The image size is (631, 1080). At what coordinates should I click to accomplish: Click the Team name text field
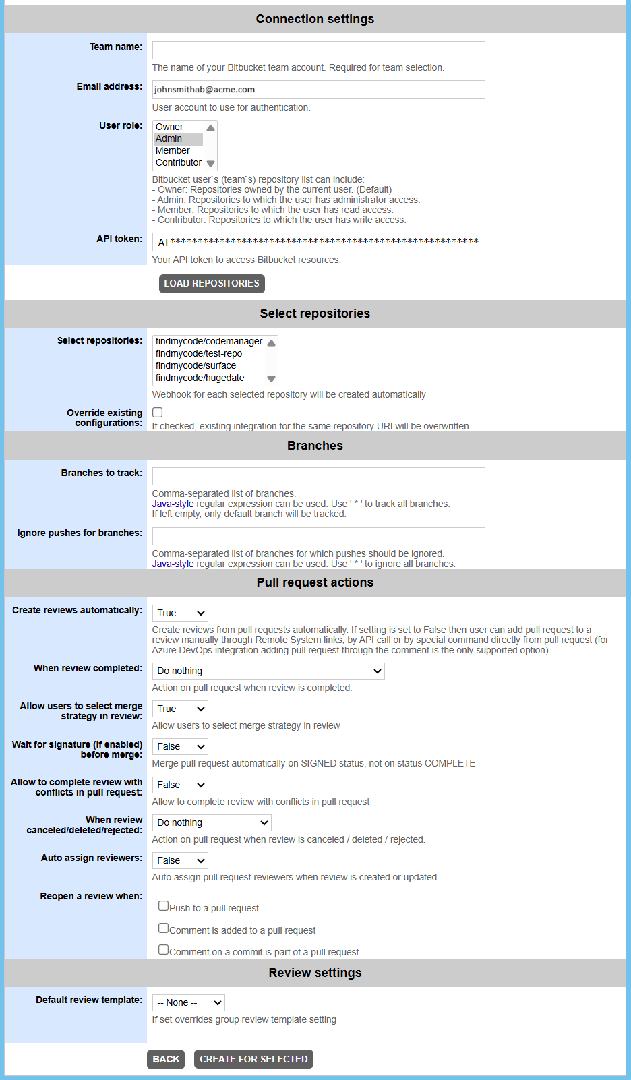click(x=318, y=50)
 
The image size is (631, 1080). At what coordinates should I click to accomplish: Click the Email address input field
click(x=318, y=90)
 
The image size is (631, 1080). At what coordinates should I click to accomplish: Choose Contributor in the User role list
click(x=179, y=163)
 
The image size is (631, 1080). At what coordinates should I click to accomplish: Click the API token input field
click(x=318, y=242)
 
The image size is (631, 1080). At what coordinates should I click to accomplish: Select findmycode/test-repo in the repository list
click(x=199, y=354)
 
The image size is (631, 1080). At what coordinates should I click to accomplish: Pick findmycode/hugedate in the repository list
click(x=200, y=378)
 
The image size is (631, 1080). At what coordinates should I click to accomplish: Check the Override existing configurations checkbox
click(x=158, y=413)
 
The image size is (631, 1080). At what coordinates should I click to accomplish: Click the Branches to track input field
click(x=318, y=476)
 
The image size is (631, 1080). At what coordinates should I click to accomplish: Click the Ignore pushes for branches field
click(x=318, y=536)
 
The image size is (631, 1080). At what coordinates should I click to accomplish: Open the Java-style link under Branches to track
click(x=173, y=504)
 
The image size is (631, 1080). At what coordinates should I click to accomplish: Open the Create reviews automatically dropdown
click(x=180, y=613)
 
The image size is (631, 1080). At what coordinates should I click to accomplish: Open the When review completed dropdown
click(x=268, y=671)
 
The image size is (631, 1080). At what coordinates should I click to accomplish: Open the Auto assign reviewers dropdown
click(x=180, y=860)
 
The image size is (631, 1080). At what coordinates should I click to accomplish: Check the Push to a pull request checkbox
click(x=163, y=906)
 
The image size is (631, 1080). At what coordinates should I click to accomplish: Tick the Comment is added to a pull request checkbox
click(x=163, y=928)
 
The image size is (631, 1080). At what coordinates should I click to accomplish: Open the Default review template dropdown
click(x=188, y=1002)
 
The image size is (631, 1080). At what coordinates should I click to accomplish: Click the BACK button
click(x=166, y=1059)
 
